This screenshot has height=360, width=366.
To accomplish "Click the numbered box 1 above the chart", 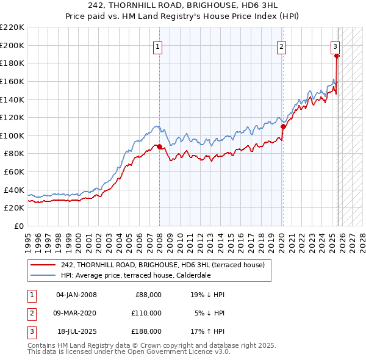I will point(158,46).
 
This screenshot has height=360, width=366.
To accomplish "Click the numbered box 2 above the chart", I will point(281,46).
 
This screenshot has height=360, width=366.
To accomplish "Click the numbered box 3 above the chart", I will point(335,46).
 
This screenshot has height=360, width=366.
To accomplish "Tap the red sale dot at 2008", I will point(159,146).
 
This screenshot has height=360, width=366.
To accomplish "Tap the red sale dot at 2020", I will point(282,127).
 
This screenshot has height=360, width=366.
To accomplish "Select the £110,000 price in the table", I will point(146,313).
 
